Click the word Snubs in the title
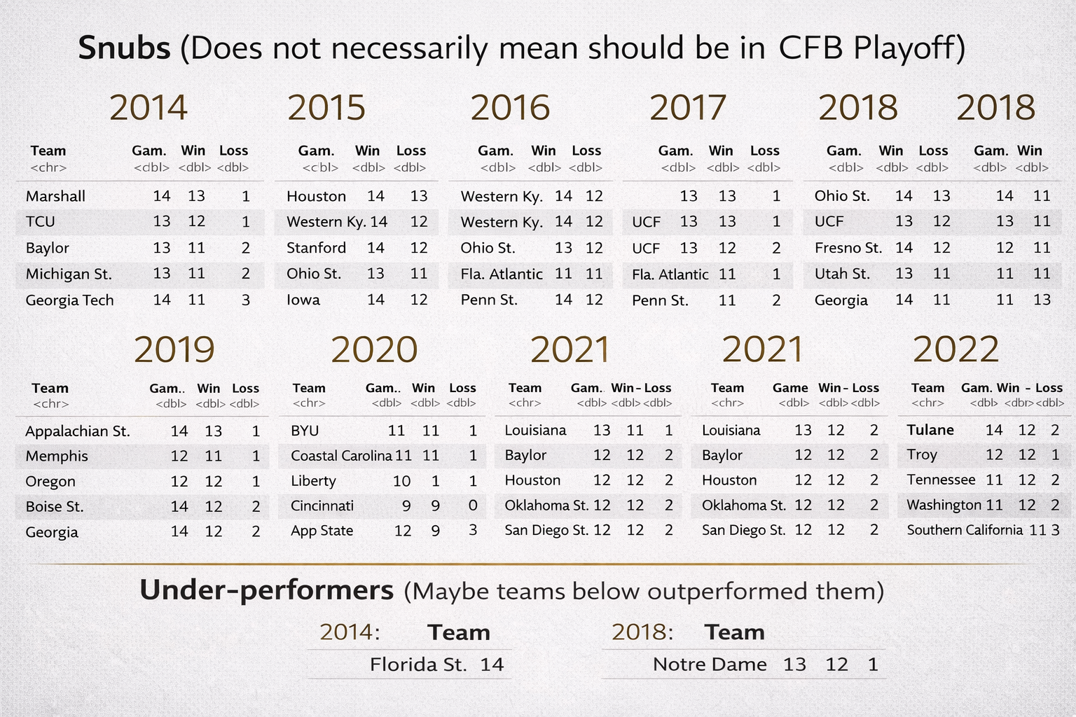click(x=124, y=48)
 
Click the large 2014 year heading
click(x=149, y=108)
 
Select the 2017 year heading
click(x=688, y=108)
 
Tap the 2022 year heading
click(x=956, y=349)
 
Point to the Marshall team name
click(x=55, y=196)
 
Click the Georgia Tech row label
click(x=69, y=300)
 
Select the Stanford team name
click(x=316, y=248)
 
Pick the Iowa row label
click(x=303, y=300)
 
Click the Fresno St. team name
click(x=848, y=248)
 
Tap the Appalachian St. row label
click(x=78, y=431)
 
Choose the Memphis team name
click(x=57, y=457)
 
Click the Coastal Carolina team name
click(x=341, y=456)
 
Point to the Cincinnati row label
click(x=322, y=506)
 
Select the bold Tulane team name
click(x=930, y=430)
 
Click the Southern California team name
click(x=965, y=530)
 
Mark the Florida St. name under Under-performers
click(x=418, y=664)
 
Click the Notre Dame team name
click(x=710, y=664)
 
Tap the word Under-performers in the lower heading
click(x=266, y=591)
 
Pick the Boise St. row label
click(x=55, y=507)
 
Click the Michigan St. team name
click(x=69, y=274)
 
